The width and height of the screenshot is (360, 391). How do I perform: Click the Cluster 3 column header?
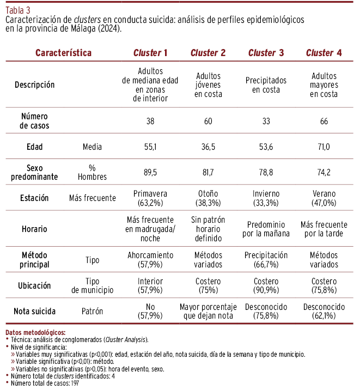[x=266, y=53]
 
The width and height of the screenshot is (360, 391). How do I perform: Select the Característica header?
[x=63, y=53]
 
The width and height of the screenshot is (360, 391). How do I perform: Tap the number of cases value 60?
[x=208, y=121]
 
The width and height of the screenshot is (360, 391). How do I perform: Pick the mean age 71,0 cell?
[x=324, y=147]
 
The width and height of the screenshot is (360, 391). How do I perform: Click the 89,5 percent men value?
[x=150, y=172]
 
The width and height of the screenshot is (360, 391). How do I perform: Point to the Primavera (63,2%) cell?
[x=150, y=198]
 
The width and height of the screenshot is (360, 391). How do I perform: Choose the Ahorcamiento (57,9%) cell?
[x=150, y=260]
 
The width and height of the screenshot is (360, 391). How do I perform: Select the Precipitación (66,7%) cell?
[x=266, y=260]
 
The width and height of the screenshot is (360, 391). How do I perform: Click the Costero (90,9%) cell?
[x=266, y=285]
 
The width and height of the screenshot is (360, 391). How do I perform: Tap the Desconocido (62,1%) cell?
[x=324, y=311]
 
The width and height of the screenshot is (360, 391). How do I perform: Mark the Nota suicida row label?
[x=35, y=311]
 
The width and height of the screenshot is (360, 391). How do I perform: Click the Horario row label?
[x=35, y=229]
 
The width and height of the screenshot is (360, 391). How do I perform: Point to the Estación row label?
[x=35, y=198]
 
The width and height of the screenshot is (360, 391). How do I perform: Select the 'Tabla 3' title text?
[x=18, y=9]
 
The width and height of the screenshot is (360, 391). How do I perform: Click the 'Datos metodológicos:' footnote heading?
[x=35, y=332]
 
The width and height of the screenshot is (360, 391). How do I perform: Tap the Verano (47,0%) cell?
[x=324, y=198]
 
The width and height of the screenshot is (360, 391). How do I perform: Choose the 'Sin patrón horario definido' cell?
[x=208, y=229]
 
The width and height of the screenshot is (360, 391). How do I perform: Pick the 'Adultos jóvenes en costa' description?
[x=208, y=85]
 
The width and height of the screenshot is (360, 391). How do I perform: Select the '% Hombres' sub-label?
[x=92, y=172]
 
